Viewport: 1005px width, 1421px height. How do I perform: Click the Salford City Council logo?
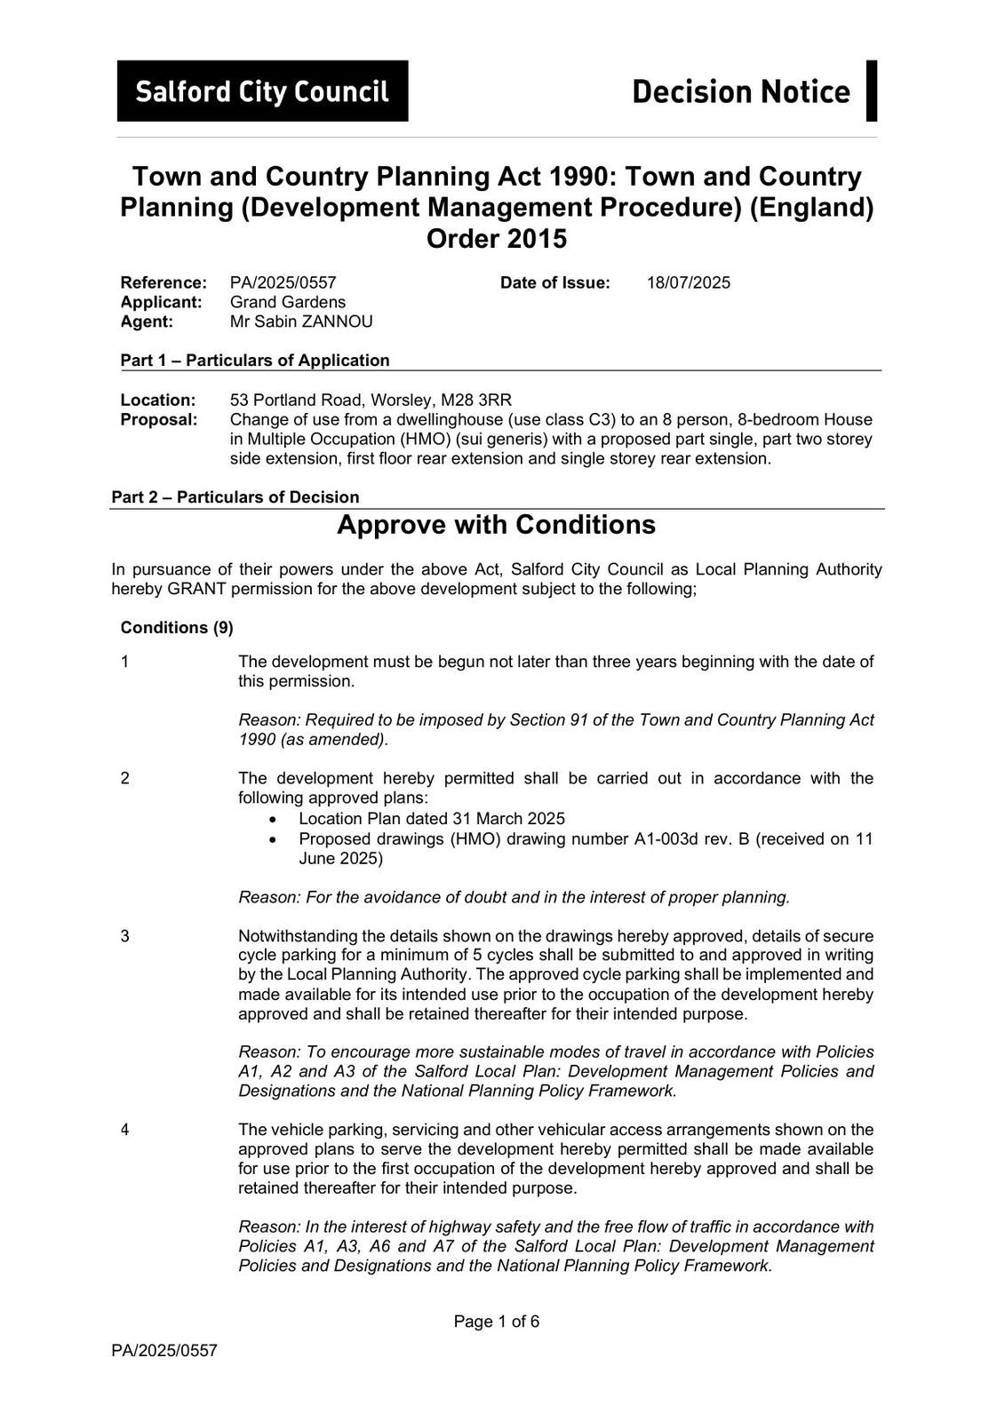[262, 91]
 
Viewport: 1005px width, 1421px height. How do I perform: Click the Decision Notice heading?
[740, 91]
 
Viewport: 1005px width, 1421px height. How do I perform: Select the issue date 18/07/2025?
[688, 283]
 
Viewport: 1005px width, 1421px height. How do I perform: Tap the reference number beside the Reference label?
[283, 283]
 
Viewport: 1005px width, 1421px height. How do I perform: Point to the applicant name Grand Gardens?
[287, 302]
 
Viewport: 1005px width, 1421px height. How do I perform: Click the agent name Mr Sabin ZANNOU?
[301, 322]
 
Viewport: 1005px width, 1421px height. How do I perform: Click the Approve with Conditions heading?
[496, 525]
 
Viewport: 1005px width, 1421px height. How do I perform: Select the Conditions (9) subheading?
[177, 628]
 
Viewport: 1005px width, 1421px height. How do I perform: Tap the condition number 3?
[125, 936]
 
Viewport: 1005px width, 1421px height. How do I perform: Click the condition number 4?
[125, 1130]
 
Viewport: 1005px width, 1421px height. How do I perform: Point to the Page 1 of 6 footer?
[496, 1322]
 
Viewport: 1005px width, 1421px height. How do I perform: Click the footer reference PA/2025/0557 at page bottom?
[164, 1352]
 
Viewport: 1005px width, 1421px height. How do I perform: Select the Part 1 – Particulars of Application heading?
[255, 361]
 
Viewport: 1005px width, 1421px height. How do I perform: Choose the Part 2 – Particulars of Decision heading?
[235, 497]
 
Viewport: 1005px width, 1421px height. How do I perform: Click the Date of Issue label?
[555, 283]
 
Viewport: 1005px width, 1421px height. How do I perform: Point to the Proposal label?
[159, 420]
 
